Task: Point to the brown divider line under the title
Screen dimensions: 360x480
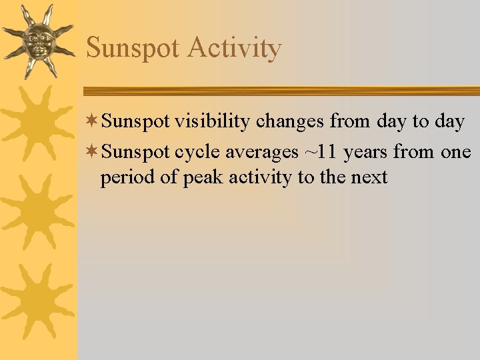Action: point(280,91)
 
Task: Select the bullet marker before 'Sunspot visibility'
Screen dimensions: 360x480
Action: point(92,121)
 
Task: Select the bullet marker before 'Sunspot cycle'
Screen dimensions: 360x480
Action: point(92,151)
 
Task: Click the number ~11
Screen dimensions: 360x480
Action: point(321,153)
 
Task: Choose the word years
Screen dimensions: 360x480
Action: point(366,153)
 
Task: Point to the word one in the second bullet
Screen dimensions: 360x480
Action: point(456,153)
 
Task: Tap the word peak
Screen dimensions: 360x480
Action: point(199,178)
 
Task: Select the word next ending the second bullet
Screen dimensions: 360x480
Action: point(370,178)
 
